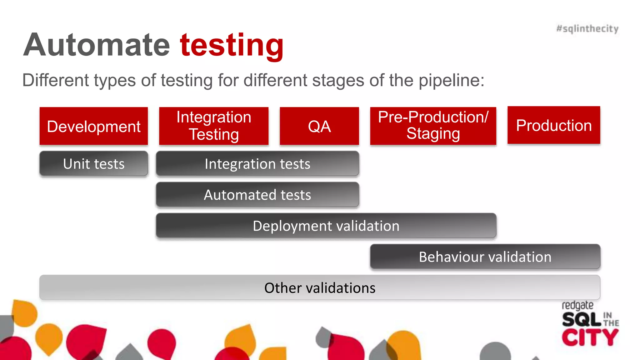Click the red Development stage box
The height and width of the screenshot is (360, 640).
pyautogui.click(x=93, y=126)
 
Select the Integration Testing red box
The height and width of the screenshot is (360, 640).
pyautogui.click(x=214, y=126)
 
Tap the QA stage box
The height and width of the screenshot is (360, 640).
pyautogui.click(x=319, y=126)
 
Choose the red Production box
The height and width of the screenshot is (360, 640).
pyautogui.click(x=554, y=125)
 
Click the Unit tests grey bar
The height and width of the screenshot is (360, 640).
pyautogui.click(x=93, y=164)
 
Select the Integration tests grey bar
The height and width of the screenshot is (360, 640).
pyautogui.click(x=257, y=164)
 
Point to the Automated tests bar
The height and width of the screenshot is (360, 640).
pyautogui.click(x=257, y=195)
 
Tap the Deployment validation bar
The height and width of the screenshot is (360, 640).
pyautogui.click(x=326, y=226)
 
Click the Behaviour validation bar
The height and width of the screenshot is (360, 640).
pyautogui.click(x=485, y=257)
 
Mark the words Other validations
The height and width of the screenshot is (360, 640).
pyautogui.click(x=320, y=288)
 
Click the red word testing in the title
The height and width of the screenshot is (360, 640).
pyautogui.click(x=232, y=46)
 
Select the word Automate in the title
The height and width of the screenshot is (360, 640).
pyautogui.click(x=97, y=45)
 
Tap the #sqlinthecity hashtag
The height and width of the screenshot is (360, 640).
pyautogui.click(x=587, y=29)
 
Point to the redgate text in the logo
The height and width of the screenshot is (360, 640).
pyautogui.click(x=577, y=305)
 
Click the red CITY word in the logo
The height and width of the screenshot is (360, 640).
pyautogui.click(x=590, y=337)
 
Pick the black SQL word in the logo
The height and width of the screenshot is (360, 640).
pyautogui.click(x=581, y=320)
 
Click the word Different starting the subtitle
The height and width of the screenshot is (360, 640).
pyautogui.click(x=56, y=80)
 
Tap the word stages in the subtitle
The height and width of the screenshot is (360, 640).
pyautogui.click(x=338, y=81)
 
